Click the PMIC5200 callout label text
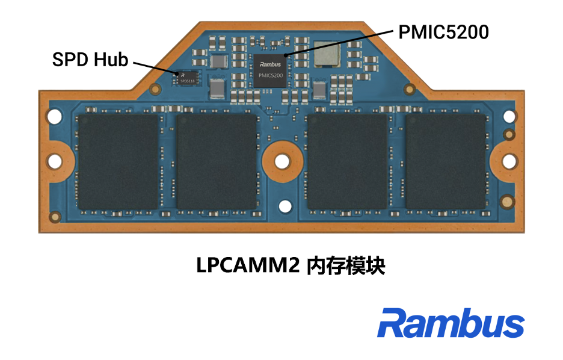(443, 31)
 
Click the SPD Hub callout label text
(90, 60)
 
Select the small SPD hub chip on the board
(186, 78)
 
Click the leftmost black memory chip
(118, 162)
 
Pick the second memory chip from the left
(217, 162)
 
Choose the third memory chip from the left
(347, 162)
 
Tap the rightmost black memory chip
(446, 162)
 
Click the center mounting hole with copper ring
(282, 161)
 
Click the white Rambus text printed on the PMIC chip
(268, 63)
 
